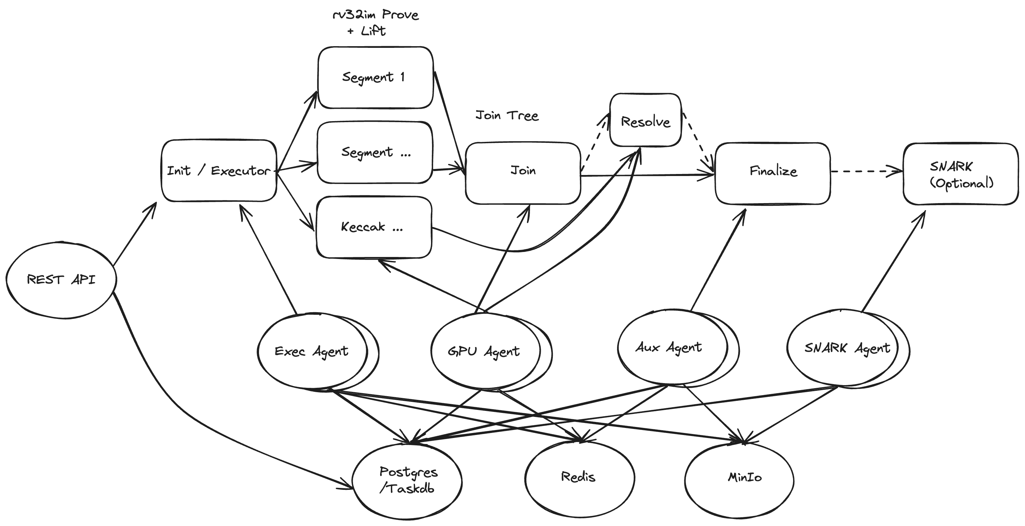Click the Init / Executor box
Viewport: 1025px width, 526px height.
click(x=219, y=171)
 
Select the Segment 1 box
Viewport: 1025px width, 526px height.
click(x=375, y=77)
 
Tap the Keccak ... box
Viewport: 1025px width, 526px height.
click(x=374, y=227)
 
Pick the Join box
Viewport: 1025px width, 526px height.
click(x=523, y=173)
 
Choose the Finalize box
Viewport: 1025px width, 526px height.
click(x=773, y=173)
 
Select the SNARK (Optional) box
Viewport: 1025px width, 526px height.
click(x=960, y=174)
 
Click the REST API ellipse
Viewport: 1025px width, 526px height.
click(x=61, y=280)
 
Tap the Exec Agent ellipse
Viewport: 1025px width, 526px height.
click(x=312, y=351)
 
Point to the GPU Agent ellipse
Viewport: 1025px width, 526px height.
click(x=485, y=351)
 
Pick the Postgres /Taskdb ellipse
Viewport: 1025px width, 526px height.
click(x=408, y=480)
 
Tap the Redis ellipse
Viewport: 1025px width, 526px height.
click(x=579, y=477)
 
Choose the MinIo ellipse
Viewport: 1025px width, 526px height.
click(x=739, y=479)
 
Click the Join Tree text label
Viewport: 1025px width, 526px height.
click(x=507, y=115)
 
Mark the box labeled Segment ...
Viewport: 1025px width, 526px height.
click(x=374, y=152)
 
